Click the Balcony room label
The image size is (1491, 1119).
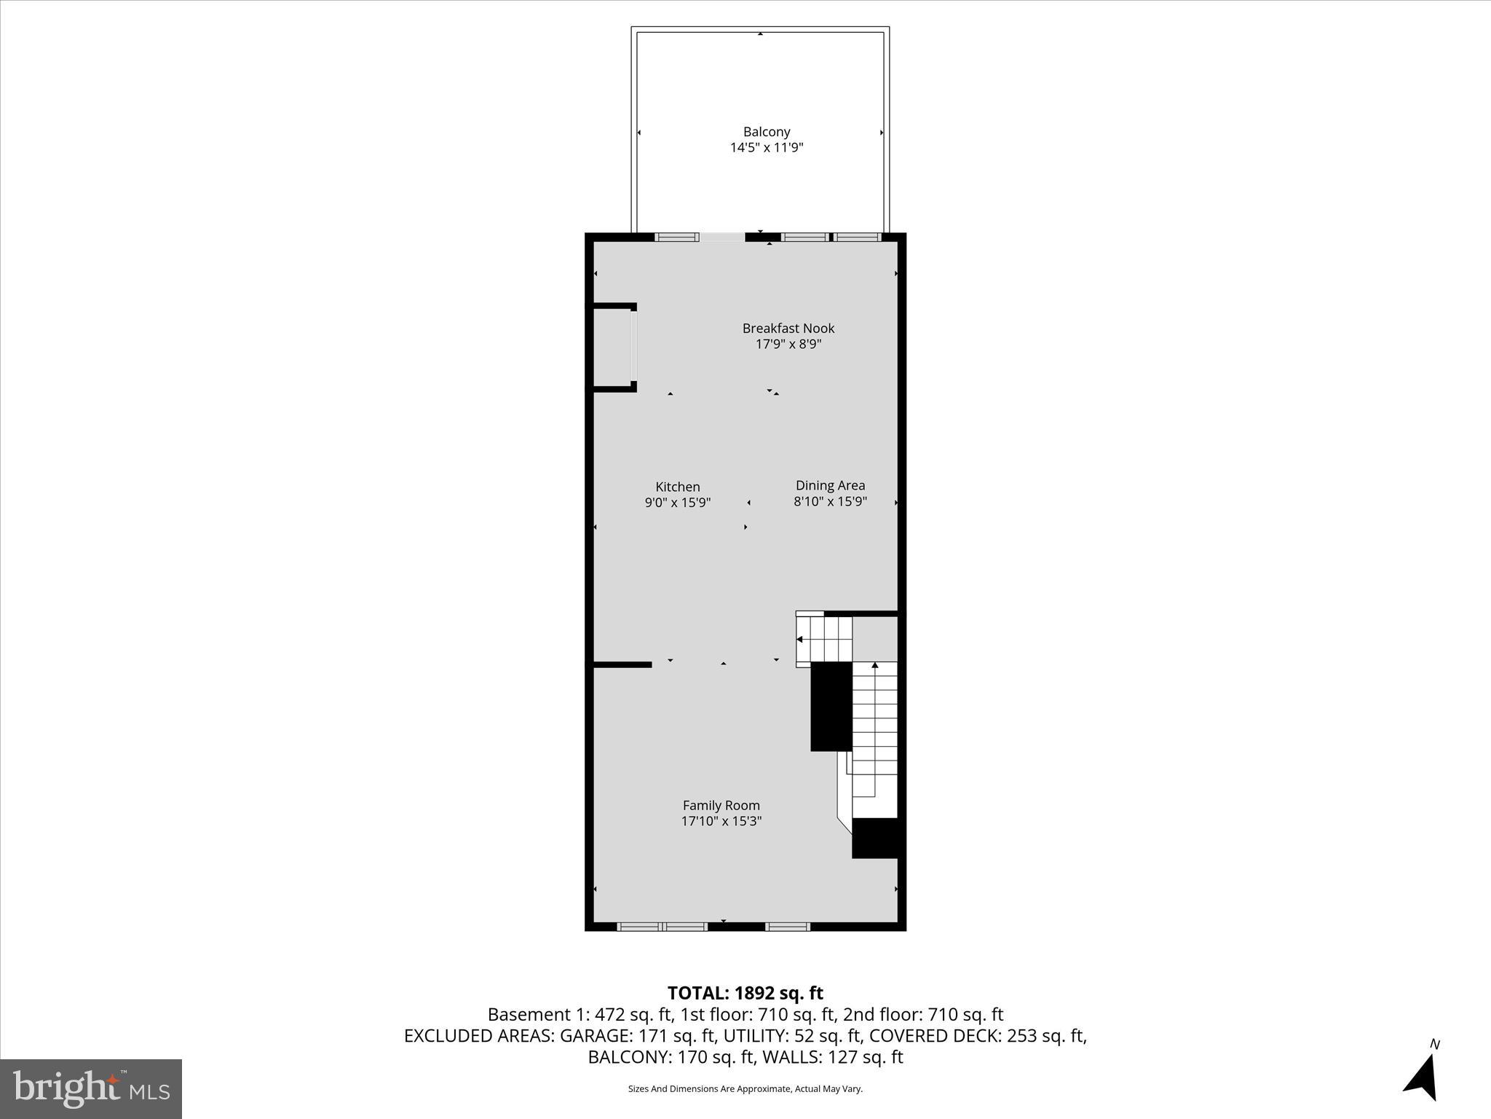pos(766,132)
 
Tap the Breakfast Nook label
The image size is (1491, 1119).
pos(788,329)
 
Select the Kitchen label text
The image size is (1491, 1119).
pos(677,487)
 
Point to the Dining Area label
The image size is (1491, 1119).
pos(830,485)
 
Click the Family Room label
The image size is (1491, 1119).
pos(721,805)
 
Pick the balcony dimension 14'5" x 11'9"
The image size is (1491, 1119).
pos(766,148)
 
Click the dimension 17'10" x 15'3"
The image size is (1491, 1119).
pos(721,821)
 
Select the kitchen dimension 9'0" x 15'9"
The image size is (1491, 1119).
pos(677,503)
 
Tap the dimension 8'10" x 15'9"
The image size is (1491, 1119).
pos(830,501)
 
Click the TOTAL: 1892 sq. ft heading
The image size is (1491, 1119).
pos(745,993)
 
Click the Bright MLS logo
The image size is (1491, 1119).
pos(91,1088)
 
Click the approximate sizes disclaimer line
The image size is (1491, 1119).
pos(745,1089)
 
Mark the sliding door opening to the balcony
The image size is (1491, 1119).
pos(721,237)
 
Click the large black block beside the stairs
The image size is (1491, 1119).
pos(831,706)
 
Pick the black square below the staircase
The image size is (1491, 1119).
pos(877,838)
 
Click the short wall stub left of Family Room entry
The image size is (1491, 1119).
pos(622,664)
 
